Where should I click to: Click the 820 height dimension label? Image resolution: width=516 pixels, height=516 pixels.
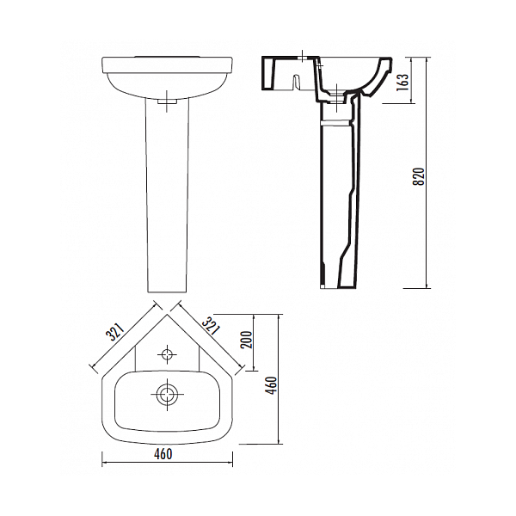(419, 176)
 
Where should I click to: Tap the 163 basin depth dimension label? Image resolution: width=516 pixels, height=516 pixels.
(403, 82)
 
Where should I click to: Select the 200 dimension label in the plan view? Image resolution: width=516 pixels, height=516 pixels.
(246, 340)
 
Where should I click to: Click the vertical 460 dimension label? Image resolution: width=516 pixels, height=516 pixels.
(272, 385)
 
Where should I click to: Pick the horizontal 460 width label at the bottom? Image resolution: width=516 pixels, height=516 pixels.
(163, 454)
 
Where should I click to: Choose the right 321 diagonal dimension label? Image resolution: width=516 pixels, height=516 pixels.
(211, 325)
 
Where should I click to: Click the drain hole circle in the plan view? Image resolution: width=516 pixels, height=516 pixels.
(167, 394)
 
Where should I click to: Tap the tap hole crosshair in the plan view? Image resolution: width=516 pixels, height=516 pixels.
(167, 354)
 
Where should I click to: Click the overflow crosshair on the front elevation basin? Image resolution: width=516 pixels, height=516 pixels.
(167, 101)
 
